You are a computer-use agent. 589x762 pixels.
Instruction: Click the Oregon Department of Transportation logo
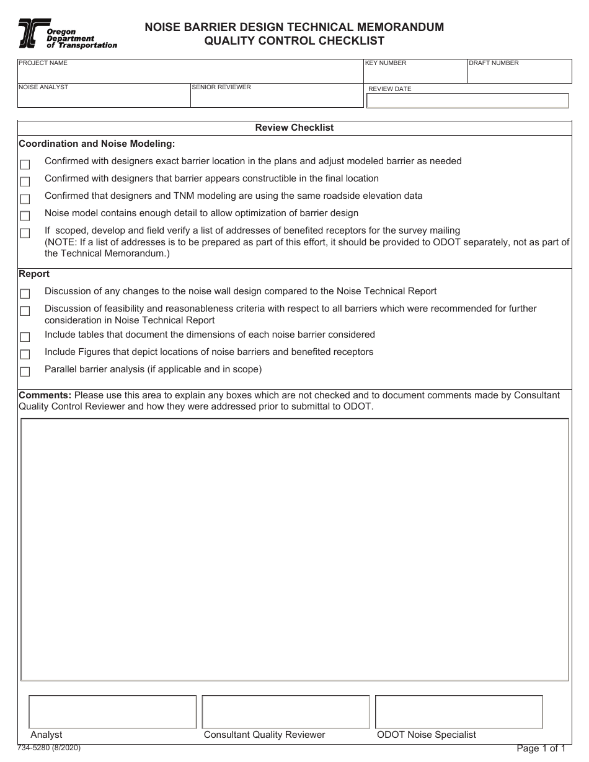pyautogui.click(x=67, y=33)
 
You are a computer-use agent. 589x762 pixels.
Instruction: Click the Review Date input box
pyautogui.click(x=467, y=101)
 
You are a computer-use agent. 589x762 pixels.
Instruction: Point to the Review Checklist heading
pyautogui.click(x=294, y=128)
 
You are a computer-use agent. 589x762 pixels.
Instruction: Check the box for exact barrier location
pyautogui.click(x=25, y=165)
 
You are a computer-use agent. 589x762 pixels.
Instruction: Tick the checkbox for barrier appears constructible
pyautogui.click(x=25, y=182)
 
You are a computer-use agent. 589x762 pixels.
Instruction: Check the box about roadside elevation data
pyautogui.click(x=25, y=199)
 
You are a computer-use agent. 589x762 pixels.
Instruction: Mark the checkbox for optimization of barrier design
pyautogui.click(x=25, y=216)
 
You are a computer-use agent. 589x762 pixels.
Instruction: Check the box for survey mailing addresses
pyautogui.click(x=25, y=234)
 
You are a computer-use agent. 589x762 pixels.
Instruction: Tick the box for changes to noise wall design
pyautogui.click(x=25, y=294)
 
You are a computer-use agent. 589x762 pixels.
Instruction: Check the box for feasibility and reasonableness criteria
pyautogui.click(x=25, y=311)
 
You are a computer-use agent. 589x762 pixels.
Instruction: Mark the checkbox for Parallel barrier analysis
pyautogui.click(x=25, y=372)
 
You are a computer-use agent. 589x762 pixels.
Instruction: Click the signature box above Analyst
pyautogui.click(x=112, y=712)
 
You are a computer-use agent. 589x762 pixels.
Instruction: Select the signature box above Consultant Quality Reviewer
pyautogui.click(x=286, y=712)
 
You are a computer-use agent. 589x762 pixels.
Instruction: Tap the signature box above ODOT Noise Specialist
pyautogui.click(x=459, y=712)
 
